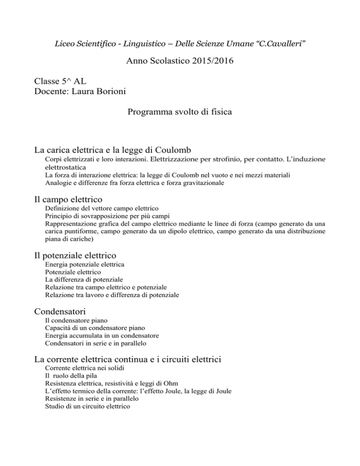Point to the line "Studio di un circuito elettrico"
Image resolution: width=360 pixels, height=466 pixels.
pyautogui.click(x=88, y=407)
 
